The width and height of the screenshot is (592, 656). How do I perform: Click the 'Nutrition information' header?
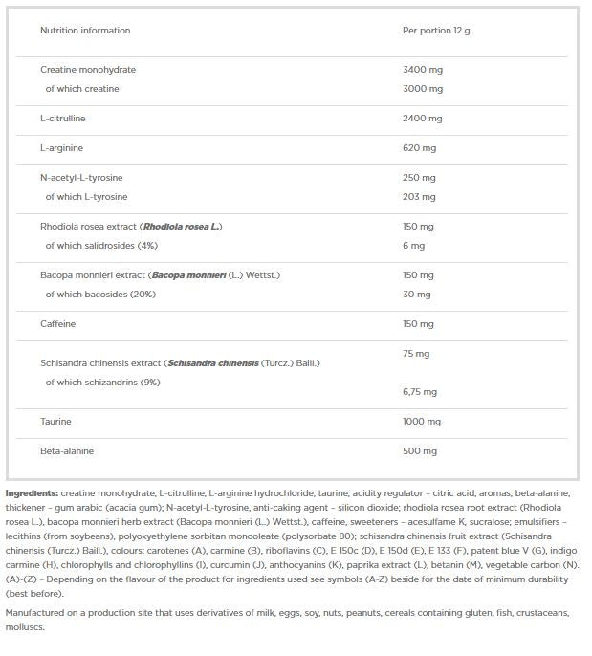(85, 31)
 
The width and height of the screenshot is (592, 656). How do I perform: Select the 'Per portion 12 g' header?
(436, 31)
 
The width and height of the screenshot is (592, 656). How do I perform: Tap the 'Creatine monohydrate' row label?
(88, 70)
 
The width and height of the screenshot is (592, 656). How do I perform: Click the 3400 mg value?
(423, 70)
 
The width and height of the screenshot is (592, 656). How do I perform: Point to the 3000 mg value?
(423, 89)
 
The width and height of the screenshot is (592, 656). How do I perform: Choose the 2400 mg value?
(423, 119)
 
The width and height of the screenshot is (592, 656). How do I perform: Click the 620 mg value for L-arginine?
(420, 148)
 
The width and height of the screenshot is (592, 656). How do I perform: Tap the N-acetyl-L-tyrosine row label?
(81, 178)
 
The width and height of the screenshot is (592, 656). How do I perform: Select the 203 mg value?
(420, 197)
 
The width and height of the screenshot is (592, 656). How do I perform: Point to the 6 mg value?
(414, 246)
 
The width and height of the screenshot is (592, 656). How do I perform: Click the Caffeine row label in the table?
(57, 324)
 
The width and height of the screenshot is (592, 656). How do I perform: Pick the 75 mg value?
(417, 354)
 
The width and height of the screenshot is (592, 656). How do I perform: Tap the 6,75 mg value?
(421, 392)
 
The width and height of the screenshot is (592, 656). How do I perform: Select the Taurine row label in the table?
(55, 422)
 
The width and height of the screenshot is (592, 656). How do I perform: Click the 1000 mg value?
(423, 422)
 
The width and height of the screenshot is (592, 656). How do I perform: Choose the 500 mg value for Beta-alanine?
(420, 451)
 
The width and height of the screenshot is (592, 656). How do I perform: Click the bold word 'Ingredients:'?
(32, 492)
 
